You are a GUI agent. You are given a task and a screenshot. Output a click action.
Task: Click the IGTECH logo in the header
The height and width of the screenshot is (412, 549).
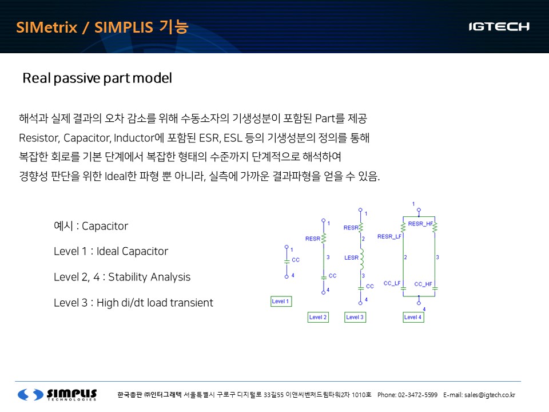coord(499,27)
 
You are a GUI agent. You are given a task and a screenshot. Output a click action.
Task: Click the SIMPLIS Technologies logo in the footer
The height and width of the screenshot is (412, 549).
coord(57,394)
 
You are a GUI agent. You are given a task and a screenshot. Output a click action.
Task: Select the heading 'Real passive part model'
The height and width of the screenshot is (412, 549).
coord(97,78)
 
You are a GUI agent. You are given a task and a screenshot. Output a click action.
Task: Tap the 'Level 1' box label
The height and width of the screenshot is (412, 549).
coord(281,302)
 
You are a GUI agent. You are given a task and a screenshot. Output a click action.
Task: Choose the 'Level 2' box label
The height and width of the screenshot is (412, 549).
coord(318,317)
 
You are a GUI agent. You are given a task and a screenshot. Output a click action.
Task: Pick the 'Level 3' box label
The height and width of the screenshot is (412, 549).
coord(355,317)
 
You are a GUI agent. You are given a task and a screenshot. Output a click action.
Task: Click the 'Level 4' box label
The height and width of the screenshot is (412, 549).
coord(413,317)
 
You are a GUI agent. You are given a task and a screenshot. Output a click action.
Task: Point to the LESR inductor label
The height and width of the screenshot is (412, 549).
coord(351,257)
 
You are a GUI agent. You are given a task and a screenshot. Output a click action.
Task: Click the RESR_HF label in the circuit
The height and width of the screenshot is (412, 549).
coord(420,224)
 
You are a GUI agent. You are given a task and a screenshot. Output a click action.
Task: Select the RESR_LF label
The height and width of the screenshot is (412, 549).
coord(389,236)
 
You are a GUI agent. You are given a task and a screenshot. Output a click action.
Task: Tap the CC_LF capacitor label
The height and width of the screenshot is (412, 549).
coord(392,283)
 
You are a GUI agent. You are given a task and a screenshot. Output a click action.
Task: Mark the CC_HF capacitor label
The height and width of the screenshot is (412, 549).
coord(423,284)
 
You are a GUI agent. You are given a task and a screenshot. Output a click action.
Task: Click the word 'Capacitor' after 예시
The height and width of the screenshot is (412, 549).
coord(105,227)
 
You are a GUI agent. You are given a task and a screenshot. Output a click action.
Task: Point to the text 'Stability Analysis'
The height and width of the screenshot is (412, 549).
coord(149,277)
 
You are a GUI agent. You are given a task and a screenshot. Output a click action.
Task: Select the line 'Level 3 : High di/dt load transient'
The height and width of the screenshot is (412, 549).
coord(133,303)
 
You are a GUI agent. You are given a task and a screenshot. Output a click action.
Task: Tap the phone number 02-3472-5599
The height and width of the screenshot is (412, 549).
coord(417,395)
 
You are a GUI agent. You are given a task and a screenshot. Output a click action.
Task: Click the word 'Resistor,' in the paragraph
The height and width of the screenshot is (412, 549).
coord(39,138)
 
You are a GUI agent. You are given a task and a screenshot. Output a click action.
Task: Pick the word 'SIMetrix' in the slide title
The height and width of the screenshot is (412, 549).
coord(46,27)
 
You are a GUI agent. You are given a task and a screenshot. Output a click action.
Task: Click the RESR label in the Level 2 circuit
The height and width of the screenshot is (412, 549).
coord(313,239)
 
